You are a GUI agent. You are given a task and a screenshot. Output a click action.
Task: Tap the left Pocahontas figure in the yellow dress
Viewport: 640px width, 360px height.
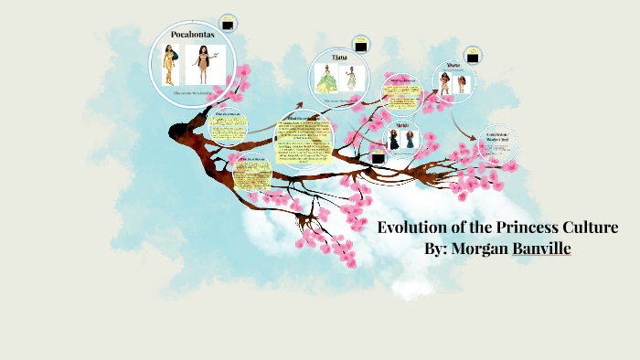pyautogui.click(x=168, y=67)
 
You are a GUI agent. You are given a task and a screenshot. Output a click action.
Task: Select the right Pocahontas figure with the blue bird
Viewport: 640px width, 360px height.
pyautogui.click(x=203, y=67)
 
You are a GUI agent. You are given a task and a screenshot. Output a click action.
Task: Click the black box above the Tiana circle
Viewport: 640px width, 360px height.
pyautogui.click(x=361, y=44)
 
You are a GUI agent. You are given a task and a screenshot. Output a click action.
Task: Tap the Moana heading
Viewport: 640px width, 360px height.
pyautogui.click(x=453, y=66)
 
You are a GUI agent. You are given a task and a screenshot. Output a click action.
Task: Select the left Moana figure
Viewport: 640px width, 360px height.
pyautogui.click(x=447, y=82)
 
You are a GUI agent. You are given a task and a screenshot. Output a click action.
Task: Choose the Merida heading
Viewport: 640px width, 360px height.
pyautogui.click(x=402, y=124)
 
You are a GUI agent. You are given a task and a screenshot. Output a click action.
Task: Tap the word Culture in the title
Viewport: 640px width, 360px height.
pyautogui.click(x=589, y=228)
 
